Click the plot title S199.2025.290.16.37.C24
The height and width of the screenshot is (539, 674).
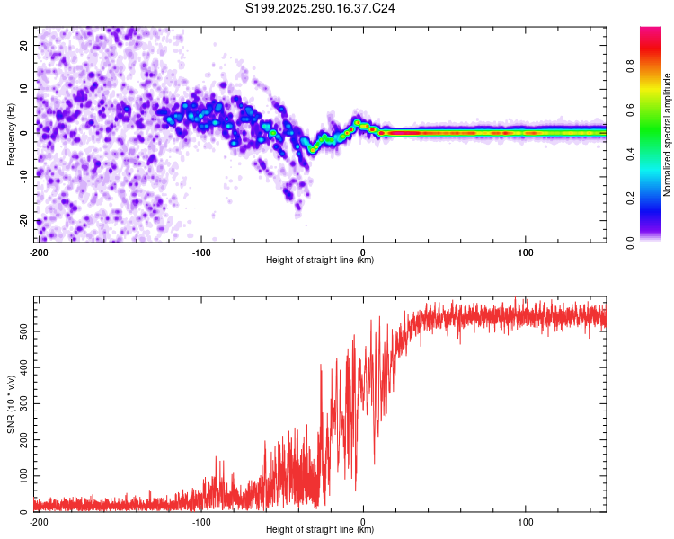321,8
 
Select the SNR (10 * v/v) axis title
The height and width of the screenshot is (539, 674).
11,404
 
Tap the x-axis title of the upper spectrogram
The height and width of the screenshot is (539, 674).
321,260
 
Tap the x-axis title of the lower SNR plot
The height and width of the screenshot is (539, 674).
321,529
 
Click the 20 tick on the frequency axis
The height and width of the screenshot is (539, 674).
24,45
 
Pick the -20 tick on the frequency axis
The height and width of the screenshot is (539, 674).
22,220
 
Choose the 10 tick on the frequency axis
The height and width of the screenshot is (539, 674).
24,88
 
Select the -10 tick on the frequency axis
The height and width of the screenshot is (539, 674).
22,176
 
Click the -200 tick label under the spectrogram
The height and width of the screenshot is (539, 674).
39,252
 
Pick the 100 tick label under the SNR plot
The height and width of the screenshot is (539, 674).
526,521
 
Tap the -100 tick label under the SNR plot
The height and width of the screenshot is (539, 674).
200,521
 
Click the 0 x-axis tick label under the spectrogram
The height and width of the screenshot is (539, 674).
363,252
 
